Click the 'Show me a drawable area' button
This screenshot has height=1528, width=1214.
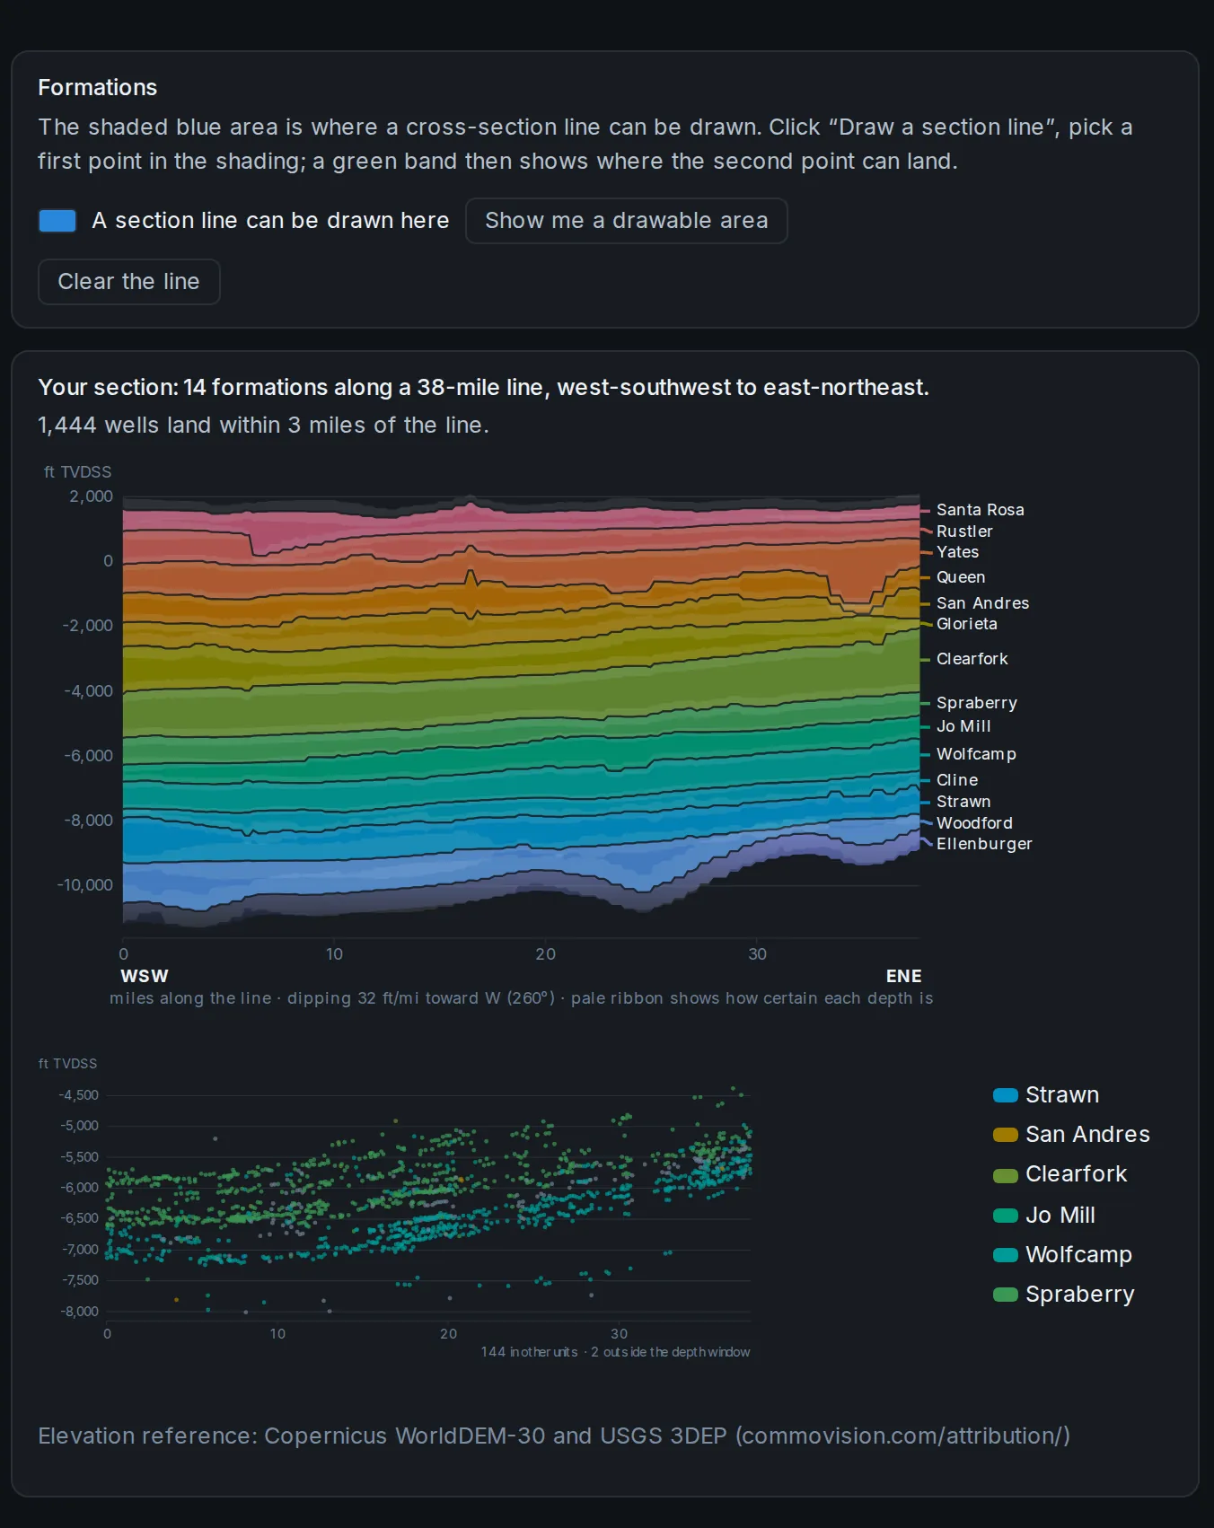626,221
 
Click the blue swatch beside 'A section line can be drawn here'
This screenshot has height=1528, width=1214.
57,221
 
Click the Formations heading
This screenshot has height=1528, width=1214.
97,87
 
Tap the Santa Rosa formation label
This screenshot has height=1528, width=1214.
980,510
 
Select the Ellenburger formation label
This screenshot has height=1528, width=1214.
984,844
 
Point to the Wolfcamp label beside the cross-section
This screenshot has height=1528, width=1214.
976,754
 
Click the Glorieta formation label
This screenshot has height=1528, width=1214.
966,624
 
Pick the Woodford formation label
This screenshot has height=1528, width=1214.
974,823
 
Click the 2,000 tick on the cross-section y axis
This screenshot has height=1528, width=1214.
91,496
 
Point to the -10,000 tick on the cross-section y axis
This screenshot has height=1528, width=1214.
85,885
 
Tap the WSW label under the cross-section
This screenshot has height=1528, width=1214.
145,976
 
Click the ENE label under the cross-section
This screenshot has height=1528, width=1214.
903,976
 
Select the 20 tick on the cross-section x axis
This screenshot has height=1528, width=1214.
545,954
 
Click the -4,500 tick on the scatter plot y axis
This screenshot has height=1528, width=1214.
79,1095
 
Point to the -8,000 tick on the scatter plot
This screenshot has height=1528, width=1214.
79,1312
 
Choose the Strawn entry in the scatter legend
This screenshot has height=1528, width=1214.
1046,1095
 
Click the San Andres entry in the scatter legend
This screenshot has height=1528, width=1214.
1071,1135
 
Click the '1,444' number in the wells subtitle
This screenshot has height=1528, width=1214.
67,426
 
